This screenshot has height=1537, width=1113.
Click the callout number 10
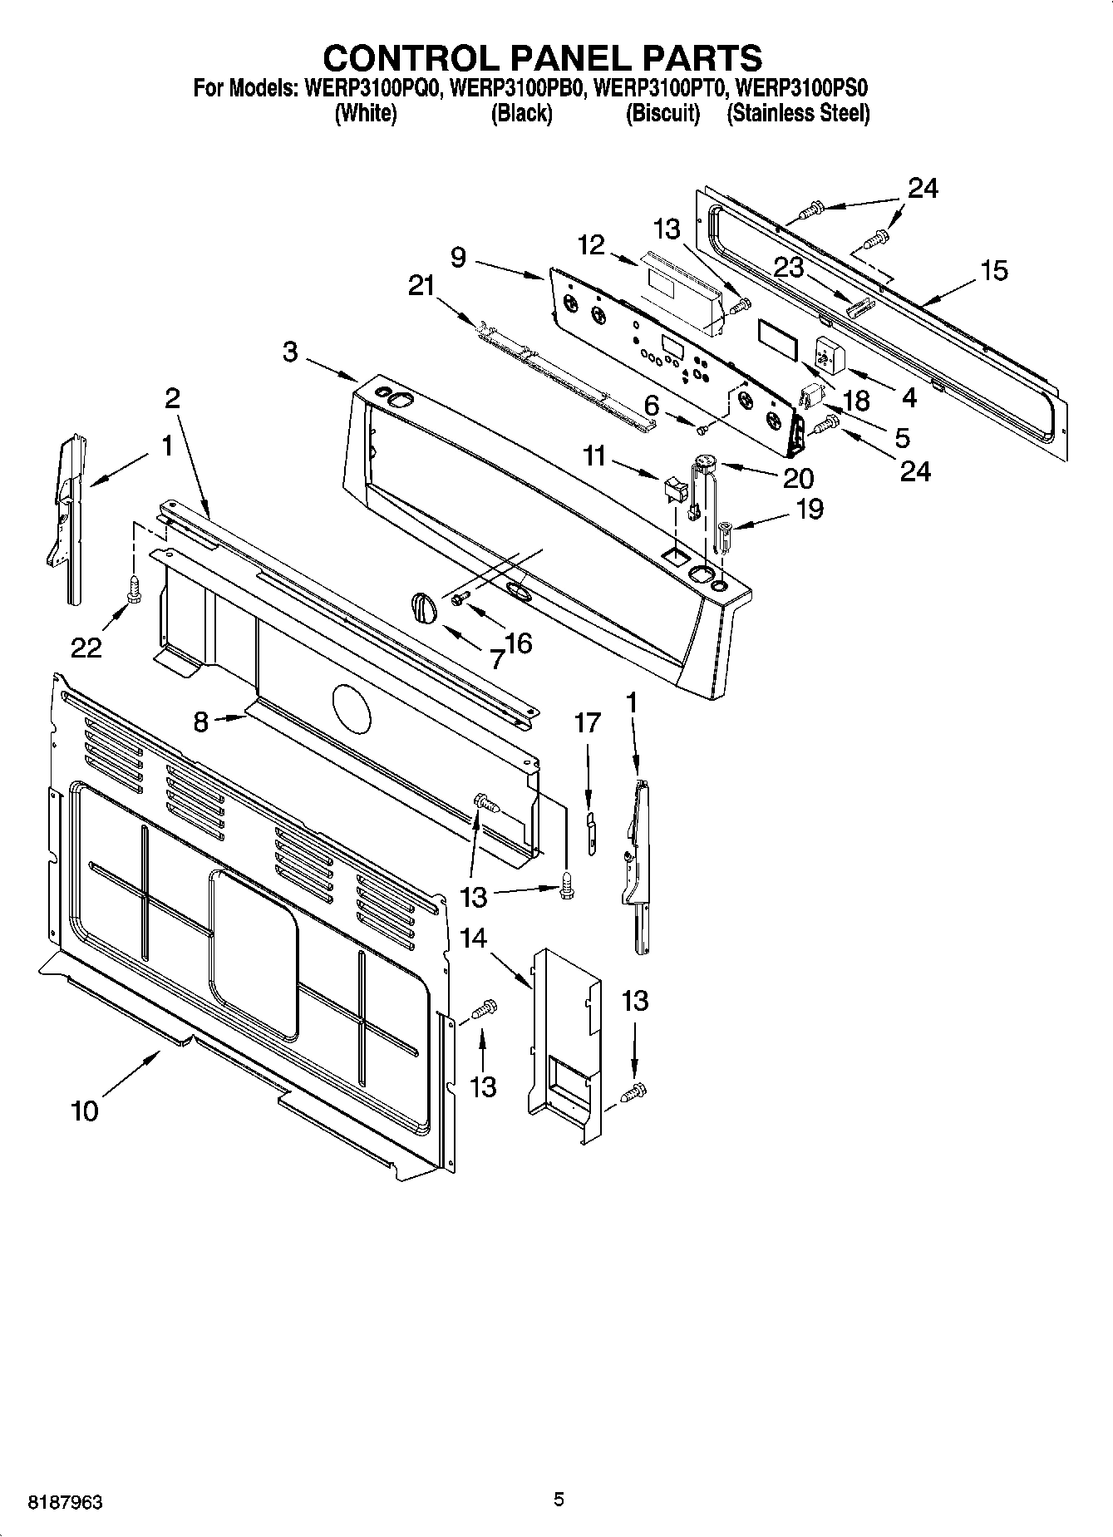[x=85, y=1111]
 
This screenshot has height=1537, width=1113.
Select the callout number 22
[x=86, y=647]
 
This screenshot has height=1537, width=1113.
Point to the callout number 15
[x=993, y=270]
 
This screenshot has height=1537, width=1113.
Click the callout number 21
[x=421, y=286]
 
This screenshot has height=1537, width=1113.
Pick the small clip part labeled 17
[x=590, y=834]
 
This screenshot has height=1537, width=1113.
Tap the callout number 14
[x=473, y=938]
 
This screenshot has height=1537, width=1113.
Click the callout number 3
[x=289, y=352]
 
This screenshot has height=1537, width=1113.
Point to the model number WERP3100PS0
[x=803, y=87]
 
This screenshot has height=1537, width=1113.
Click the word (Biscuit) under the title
[x=662, y=114]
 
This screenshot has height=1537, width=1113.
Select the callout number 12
[x=591, y=245]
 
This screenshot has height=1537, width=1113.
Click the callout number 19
[x=809, y=508]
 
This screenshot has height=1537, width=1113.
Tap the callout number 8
[x=200, y=722]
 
